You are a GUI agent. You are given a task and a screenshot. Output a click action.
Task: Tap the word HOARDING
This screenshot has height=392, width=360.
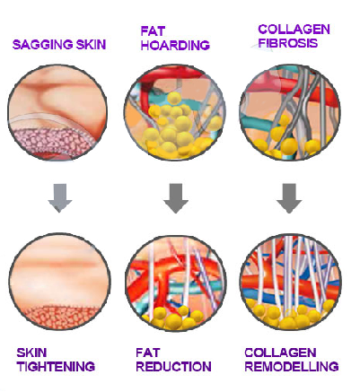click(175, 45)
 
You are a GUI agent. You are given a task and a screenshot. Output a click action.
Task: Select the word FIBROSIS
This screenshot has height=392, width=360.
click(288, 43)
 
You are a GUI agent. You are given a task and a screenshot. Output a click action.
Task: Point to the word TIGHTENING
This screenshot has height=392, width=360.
click(56, 367)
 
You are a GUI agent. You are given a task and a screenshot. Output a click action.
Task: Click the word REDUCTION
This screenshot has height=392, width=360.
click(173, 367)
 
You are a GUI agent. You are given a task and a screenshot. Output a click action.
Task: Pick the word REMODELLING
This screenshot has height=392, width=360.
click(292, 367)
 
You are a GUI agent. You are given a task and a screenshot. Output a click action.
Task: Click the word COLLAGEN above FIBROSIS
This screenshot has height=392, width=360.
click(294, 30)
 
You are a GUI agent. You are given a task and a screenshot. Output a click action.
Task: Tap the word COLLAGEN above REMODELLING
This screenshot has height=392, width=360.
click(280, 353)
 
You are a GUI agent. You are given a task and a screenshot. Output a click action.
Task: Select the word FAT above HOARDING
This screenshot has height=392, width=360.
click(153, 31)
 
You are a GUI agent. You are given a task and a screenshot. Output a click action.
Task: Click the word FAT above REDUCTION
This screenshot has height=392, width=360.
click(148, 353)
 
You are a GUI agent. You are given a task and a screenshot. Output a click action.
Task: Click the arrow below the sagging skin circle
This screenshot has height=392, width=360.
click(60, 198)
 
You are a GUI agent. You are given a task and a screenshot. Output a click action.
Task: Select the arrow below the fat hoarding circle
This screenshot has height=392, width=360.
click(176, 198)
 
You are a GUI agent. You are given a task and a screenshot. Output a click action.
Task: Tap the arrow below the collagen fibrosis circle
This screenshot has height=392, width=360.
click(289, 198)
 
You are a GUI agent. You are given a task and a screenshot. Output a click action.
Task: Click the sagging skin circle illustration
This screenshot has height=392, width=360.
click(57, 113)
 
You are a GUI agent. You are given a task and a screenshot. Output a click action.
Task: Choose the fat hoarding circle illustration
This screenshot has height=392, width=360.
click(175, 112)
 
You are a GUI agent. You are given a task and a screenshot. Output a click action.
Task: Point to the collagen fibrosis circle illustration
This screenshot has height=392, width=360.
click(290, 112)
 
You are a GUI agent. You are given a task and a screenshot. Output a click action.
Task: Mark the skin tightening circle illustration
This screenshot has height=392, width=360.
click(59, 282)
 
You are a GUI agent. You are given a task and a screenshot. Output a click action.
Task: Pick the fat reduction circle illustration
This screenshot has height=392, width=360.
click(176, 283)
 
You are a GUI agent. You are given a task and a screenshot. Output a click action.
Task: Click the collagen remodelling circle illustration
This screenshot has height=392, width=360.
click(291, 282)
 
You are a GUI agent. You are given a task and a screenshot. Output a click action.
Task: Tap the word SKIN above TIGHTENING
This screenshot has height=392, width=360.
click(31, 353)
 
